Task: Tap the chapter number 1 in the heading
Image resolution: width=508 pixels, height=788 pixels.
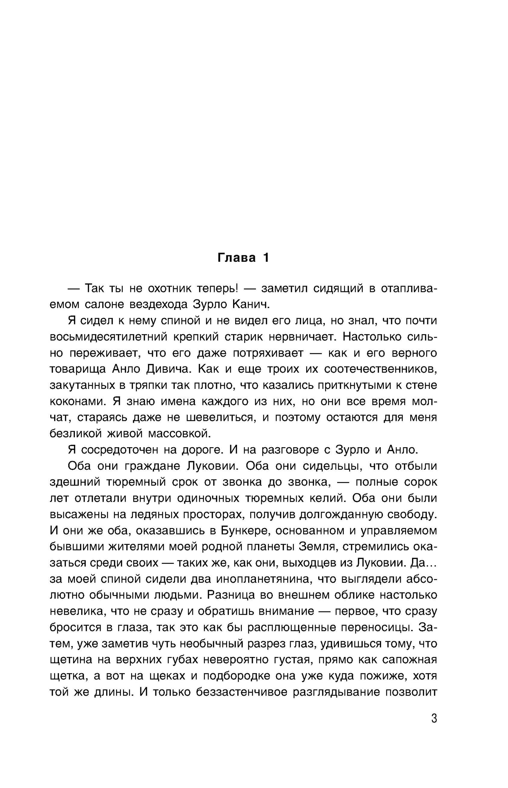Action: pyautogui.click(x=265, y=258)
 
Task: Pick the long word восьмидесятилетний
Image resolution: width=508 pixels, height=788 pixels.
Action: pyautogui.click(x=109, y=337)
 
